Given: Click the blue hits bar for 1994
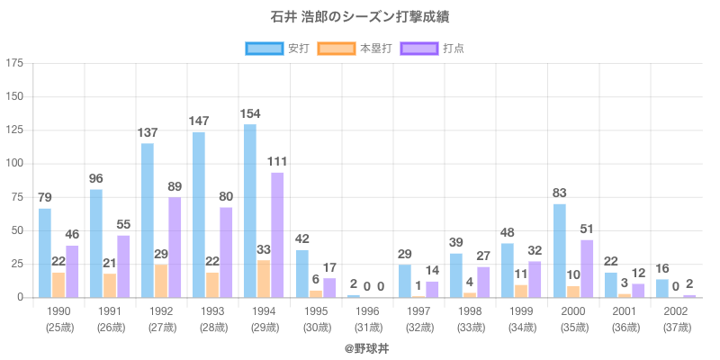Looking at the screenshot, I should [250, 211].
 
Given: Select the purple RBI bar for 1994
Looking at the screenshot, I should [277, 235].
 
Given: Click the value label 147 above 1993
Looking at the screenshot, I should [199, 121].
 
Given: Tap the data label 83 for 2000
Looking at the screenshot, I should [560, 193].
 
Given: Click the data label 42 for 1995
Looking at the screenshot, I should [302, 238].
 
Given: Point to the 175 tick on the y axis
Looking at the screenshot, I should [15, 63].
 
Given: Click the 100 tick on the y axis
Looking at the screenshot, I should [15, 163].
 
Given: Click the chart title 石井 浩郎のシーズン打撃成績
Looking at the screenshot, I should [360, 17].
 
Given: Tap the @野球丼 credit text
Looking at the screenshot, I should [360, 346].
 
